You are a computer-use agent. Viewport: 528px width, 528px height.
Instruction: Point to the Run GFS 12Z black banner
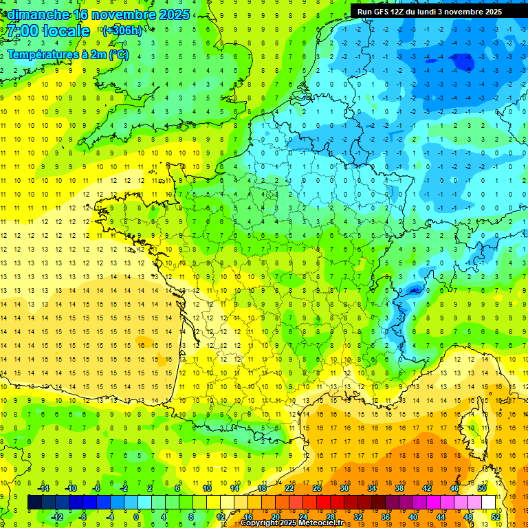point(429,11)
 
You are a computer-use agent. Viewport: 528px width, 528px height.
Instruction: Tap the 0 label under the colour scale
point(136,516)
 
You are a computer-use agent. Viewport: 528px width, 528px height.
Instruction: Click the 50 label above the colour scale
point(481,487)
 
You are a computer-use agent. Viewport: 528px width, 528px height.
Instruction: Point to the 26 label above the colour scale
point(317,487)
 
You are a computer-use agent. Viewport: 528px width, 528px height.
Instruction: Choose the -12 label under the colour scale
point(57,516)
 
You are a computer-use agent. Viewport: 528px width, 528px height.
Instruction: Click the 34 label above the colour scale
point(372,487)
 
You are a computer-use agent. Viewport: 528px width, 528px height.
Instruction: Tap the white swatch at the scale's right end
point(489,502)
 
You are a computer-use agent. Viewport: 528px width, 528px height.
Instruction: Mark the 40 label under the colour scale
point(413,516)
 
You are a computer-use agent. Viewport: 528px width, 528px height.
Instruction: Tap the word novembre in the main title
point(123,14)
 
